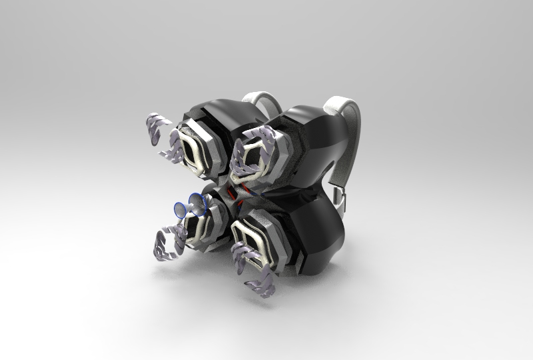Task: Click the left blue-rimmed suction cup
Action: click(x=180, y=209)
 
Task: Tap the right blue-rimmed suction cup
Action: click(x=197, y=201)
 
